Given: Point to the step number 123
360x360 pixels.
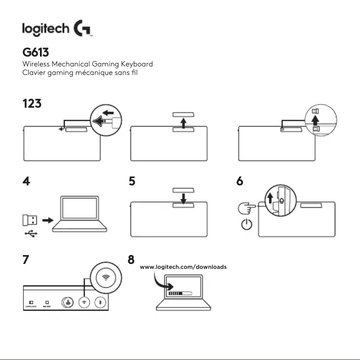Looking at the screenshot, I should [x=32, y=104].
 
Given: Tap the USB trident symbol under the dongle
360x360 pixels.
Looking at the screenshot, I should [x=30, y=233].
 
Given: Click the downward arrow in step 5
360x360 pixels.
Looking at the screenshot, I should [x=183, y=198].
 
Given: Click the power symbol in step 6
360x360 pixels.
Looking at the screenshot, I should [x=246, y=224].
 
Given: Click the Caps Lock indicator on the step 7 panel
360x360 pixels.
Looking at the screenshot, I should [x=31, y=303].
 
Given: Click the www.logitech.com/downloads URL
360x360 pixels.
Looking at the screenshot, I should [x=183, y=267].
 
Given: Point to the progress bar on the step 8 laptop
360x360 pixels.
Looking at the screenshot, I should [x=180, y=293].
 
